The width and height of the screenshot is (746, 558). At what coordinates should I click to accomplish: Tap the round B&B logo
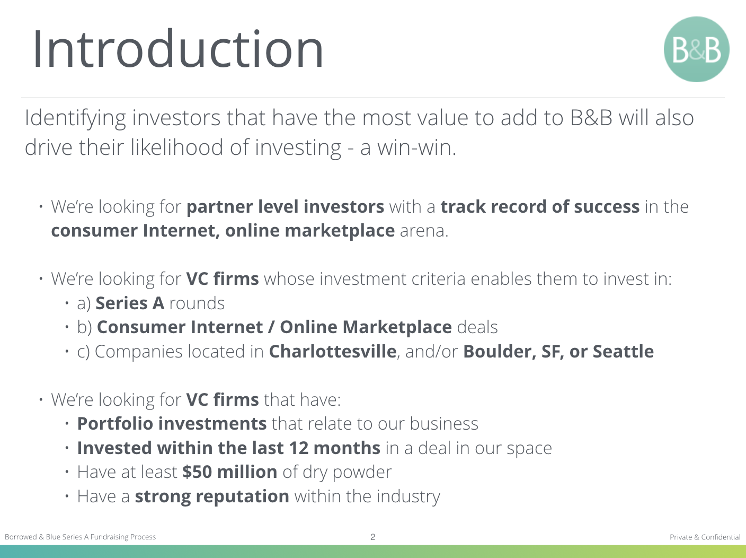point(696,49)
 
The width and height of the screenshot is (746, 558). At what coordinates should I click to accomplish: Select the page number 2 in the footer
point(373,537)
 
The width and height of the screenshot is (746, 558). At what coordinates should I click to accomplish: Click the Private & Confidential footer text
point(705,537)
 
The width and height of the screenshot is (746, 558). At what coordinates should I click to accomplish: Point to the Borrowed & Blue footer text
point(80,537)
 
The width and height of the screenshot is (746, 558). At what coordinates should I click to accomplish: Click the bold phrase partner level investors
point(285,206)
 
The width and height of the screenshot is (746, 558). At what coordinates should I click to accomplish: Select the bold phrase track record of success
point(540,206)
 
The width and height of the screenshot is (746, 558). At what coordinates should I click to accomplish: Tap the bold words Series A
point(130,303)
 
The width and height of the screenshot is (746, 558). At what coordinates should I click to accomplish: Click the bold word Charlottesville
point(332,351)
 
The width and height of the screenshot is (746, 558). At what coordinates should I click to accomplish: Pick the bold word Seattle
point(623,351)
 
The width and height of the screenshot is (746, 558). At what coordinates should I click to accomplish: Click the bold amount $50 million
point(230,472)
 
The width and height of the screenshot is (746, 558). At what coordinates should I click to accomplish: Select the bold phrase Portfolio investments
point(172,424)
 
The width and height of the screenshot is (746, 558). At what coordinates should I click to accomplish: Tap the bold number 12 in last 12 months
point(299,448)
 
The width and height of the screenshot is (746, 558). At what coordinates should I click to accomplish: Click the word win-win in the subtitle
point(416,147)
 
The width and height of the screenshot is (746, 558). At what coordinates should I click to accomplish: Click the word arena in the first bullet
point(424,231)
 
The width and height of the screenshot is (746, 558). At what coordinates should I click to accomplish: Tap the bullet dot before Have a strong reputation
point(67,496)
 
